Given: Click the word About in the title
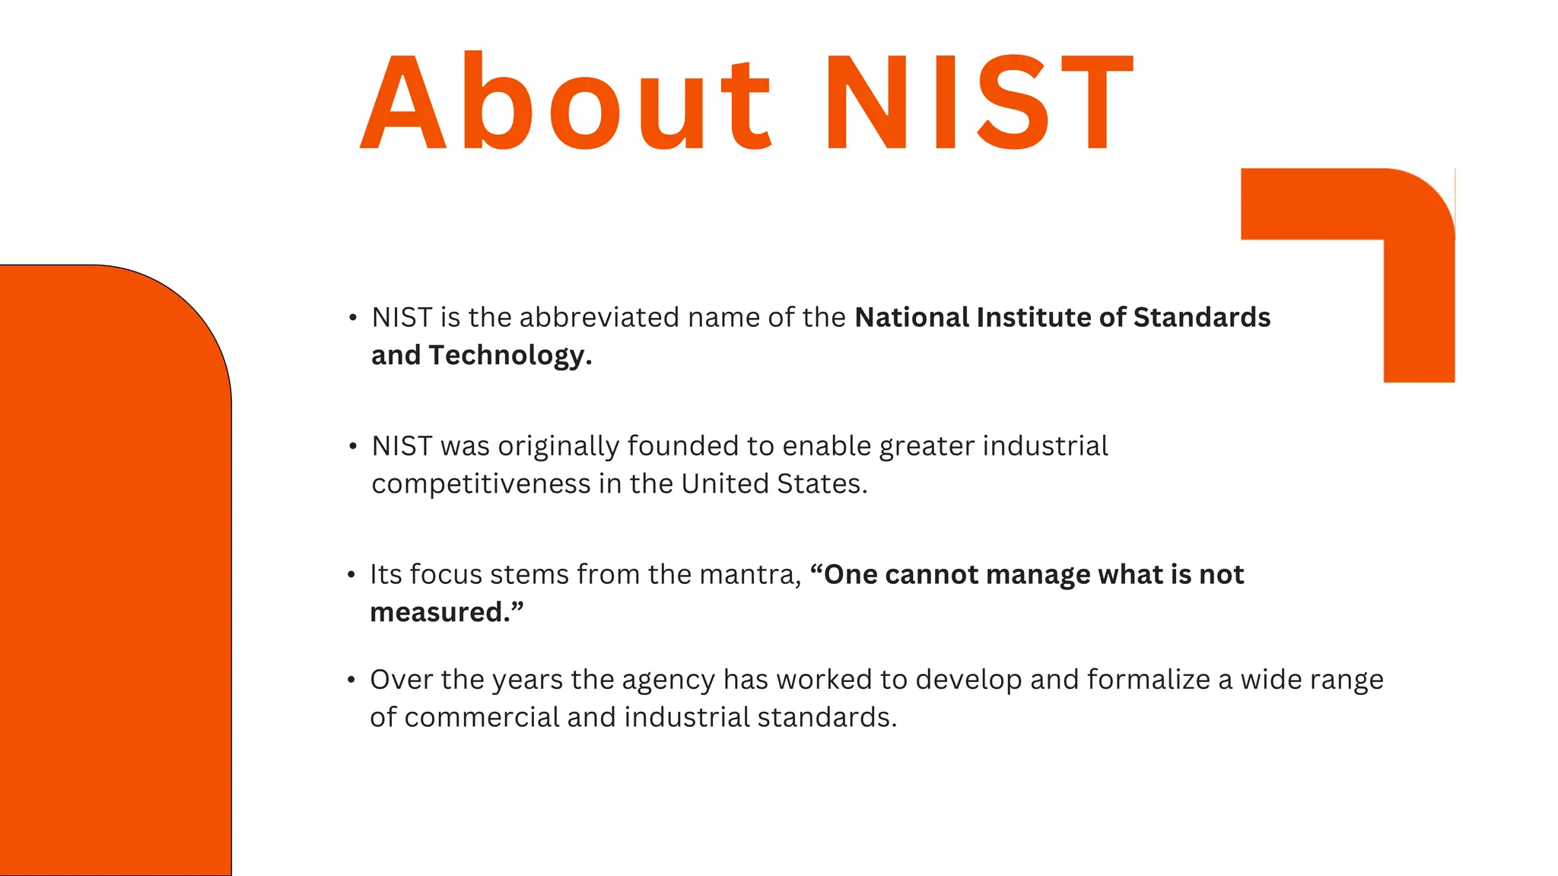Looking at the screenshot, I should [x=567, y=103].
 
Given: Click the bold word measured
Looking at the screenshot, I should [x=439, y=613].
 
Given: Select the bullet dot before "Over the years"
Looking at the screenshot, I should [x=351, y=680].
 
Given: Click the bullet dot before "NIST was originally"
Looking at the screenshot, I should [x=352, y=447].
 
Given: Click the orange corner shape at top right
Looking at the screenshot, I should [x=1418, y=228].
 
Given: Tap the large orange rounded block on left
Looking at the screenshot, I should [x=114, y=570].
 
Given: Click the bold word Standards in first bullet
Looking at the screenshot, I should [x=1201, y=318].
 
